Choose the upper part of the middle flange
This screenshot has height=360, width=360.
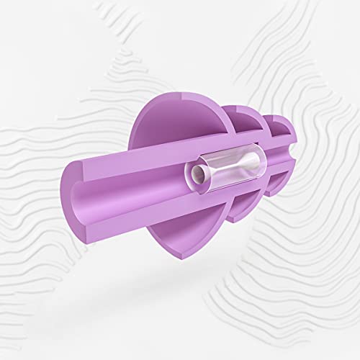[x=238, y=122]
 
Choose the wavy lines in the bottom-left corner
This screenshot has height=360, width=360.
[x=43, y=310]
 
